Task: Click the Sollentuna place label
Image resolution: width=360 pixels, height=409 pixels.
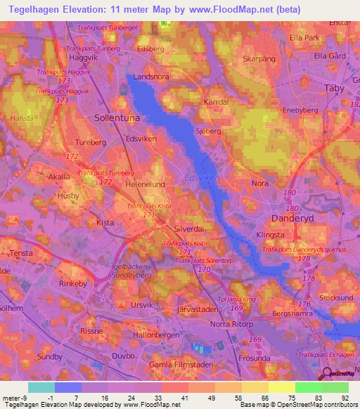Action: point(117,119)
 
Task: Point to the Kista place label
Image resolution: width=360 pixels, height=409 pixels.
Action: point(105,222)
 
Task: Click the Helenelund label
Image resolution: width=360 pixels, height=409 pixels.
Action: point(145,184)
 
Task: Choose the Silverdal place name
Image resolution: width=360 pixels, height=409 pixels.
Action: point(188,229)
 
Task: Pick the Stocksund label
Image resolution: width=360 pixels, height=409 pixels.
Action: point(335,297)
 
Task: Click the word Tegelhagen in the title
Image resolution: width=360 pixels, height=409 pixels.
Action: point(40,10)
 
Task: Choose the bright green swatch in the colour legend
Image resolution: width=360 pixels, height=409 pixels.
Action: point(308,387)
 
